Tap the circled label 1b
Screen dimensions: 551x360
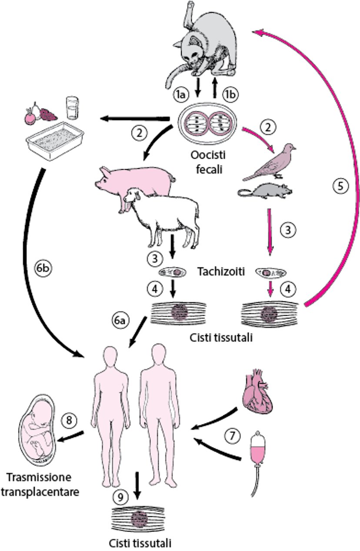click(231, 94)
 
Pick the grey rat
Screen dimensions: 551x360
click(265, 191)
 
